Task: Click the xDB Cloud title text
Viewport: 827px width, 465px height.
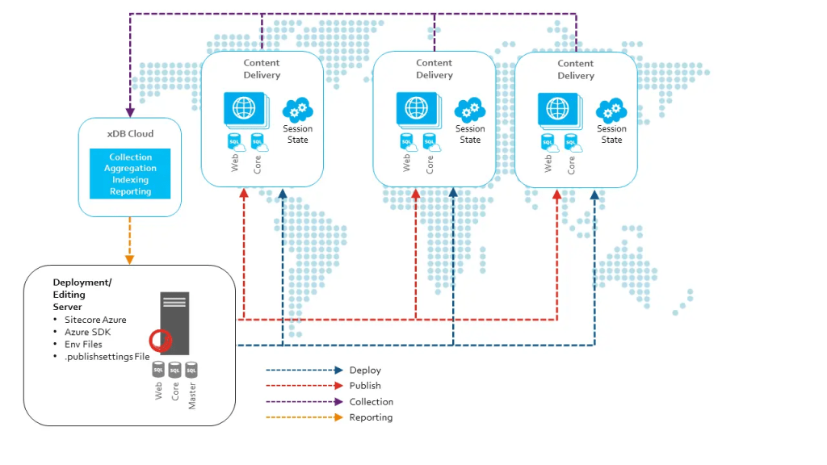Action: (x=130, y=133)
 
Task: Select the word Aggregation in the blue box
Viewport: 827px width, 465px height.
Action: (x=130, y=168)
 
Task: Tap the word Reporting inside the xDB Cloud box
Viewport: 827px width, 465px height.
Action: (x=130, y=191)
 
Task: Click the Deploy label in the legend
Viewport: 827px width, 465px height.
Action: (x=365, y=371)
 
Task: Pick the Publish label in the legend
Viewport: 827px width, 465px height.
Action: (x=365, y=386)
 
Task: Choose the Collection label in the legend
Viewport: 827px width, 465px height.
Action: (x=372, y=402)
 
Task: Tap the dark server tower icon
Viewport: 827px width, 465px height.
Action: (x=174, y=322)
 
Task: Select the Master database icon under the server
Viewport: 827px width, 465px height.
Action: (x=191, y=370)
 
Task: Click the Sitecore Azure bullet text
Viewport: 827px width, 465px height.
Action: (x=95, y=320)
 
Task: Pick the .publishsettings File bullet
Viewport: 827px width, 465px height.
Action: (x=107, y=356)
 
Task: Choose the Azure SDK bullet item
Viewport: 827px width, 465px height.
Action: (x=88, y=332)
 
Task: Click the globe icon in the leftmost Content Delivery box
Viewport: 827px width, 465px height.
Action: (x=243, y=107)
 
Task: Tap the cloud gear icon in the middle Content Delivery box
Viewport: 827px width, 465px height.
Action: (x=469, y=109)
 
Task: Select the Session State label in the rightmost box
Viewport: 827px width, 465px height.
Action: (x=611, y=134)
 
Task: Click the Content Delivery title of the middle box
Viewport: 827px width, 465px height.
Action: (x=434, y=69)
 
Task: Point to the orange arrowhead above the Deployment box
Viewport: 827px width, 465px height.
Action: (x=130, y=259)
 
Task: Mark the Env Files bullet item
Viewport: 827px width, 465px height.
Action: (x=83, y=344)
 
